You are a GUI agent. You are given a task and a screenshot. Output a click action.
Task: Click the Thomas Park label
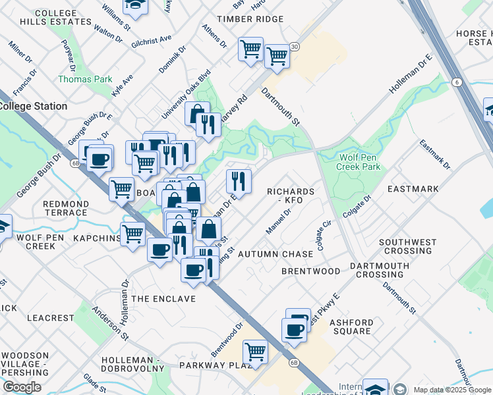pos(85,79)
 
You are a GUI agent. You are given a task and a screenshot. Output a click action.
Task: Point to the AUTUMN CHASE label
pos(275,254)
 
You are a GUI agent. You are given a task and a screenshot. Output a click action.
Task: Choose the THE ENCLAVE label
pos(163,299)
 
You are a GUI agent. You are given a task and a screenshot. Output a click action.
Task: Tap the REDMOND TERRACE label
pos(65,208)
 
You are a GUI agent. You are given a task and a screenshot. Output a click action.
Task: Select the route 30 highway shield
pos(294,47)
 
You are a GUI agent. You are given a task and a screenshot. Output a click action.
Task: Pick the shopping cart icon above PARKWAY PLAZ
pos(255,351)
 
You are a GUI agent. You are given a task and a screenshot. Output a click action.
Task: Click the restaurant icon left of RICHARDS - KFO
pos(239,181)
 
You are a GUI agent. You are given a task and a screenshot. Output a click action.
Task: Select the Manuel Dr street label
pos(278,222)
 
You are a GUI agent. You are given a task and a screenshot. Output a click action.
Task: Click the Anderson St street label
pos(105,321)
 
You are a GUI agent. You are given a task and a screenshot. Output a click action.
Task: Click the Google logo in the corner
pos(22,386)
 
